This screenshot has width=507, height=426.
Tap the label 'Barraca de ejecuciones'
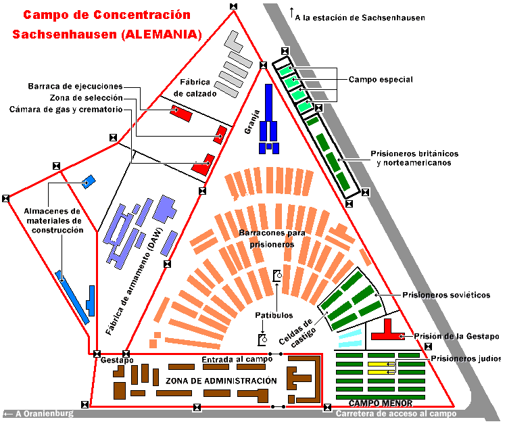point(75,87)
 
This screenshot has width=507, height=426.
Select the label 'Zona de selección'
point(87,98)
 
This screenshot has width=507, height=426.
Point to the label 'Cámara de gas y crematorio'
point(66,110)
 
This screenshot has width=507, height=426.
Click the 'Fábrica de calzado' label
point(195,88)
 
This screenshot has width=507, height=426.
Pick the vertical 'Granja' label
point(252,122)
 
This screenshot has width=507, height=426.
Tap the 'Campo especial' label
point(381,80)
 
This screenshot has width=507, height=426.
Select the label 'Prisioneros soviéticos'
point(446,295)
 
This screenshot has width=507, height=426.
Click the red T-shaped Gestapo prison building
point(387,330)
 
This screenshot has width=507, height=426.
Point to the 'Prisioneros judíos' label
point(466,358)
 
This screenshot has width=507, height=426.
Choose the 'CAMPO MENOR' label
point(381,404)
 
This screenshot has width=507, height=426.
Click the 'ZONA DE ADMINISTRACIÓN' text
point(221,381)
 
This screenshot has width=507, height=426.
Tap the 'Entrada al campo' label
point(237,359)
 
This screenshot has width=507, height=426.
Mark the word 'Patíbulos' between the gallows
point(274,315)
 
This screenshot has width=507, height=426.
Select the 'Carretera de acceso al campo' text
point(396,414)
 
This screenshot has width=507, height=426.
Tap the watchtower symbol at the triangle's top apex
point(233,7)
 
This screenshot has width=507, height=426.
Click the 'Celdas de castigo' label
point(297,333)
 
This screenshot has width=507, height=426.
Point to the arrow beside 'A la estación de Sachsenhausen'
point(291,13)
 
